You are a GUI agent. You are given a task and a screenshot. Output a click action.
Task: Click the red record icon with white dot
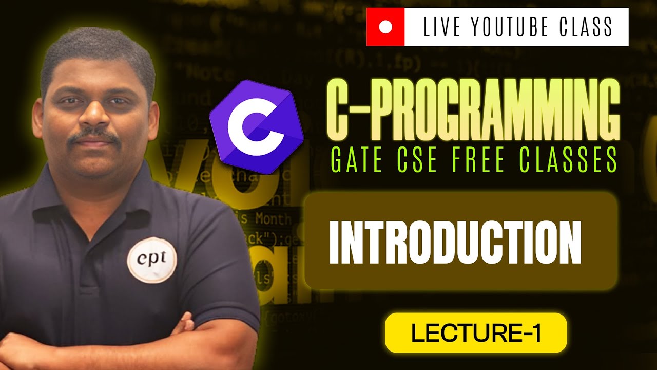(385, 27)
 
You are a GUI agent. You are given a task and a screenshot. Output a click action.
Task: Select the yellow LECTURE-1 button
(475, 332)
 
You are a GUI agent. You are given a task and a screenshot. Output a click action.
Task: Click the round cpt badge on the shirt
(152, 260)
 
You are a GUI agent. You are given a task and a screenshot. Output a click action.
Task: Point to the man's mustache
(94, 137)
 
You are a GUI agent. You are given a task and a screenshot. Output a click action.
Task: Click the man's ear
(37, 116)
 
